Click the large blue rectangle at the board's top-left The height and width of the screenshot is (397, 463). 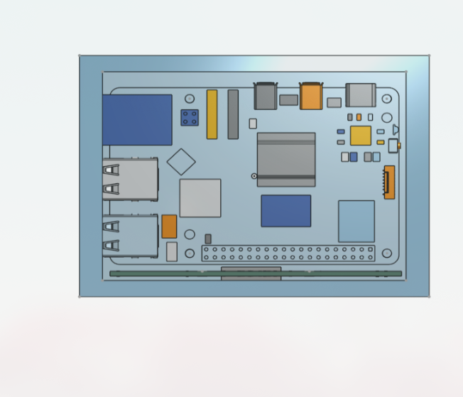coord(137,120)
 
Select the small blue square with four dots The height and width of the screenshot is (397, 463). coord(190,117)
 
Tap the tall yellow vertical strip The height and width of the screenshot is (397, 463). coord(212,114)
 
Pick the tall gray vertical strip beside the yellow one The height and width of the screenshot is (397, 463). coord(233,114)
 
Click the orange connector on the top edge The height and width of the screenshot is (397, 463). coord(311,97)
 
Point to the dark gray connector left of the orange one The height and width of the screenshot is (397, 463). coord(265,97)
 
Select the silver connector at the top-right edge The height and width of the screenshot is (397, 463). coord(361,95)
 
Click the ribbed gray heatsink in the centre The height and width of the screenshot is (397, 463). coord(286,159)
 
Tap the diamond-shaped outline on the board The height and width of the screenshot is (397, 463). coord(181,161)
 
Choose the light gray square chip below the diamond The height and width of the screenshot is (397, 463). coord(200,197)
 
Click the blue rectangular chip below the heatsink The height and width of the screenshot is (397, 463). coord(285,211)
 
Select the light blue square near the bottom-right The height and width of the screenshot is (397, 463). coord(356,221)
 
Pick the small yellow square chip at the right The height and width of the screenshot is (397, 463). coord(361,135)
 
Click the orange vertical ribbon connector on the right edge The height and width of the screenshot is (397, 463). coord(389,182)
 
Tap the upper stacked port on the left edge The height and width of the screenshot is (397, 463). coord(130,179)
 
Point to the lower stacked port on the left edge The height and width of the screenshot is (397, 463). coord(130,236)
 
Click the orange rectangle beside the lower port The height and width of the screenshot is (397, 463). coord(169,227)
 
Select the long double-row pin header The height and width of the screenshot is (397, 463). coord(288,254)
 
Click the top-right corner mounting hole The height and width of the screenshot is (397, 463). coord(386,99)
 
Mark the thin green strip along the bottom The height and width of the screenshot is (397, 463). coord(256,273)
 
